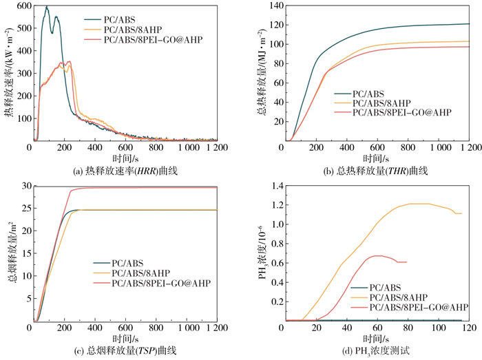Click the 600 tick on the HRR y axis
click(x=21, y=6)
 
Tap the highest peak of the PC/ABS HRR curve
click(x=47, y=7)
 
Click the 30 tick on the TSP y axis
click(x=23, y=187)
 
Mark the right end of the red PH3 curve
click(x=407, y=262)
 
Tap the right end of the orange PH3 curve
click(x=461, y=213)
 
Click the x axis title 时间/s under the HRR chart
click(x=124, y=158)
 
